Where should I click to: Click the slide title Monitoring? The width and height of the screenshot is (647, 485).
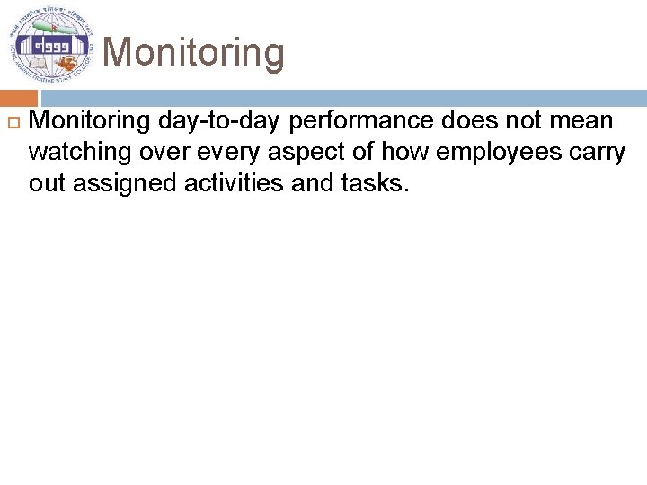(194, 52)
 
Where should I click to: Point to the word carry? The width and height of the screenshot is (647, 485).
(598, 152)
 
